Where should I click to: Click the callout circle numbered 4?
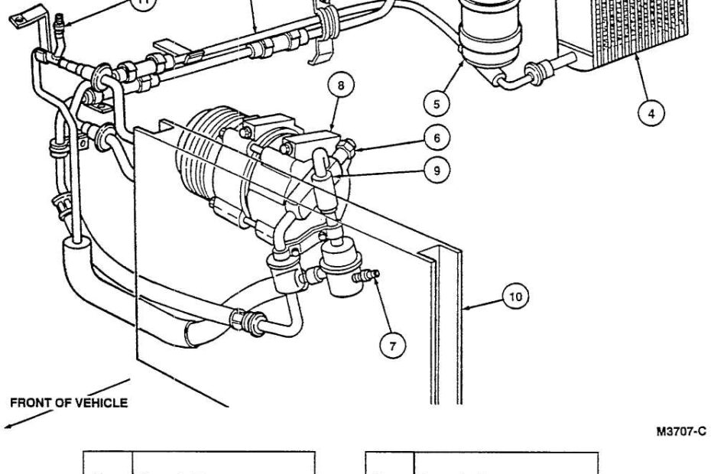[651, 114]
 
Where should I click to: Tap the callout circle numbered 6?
[436, 138]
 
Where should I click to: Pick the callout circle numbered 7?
[393, 346]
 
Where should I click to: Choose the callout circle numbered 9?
[436, 170]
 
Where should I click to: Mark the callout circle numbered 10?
[518, 297]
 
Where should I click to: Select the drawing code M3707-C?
[680, 433]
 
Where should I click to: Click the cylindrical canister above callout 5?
[489, 31]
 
